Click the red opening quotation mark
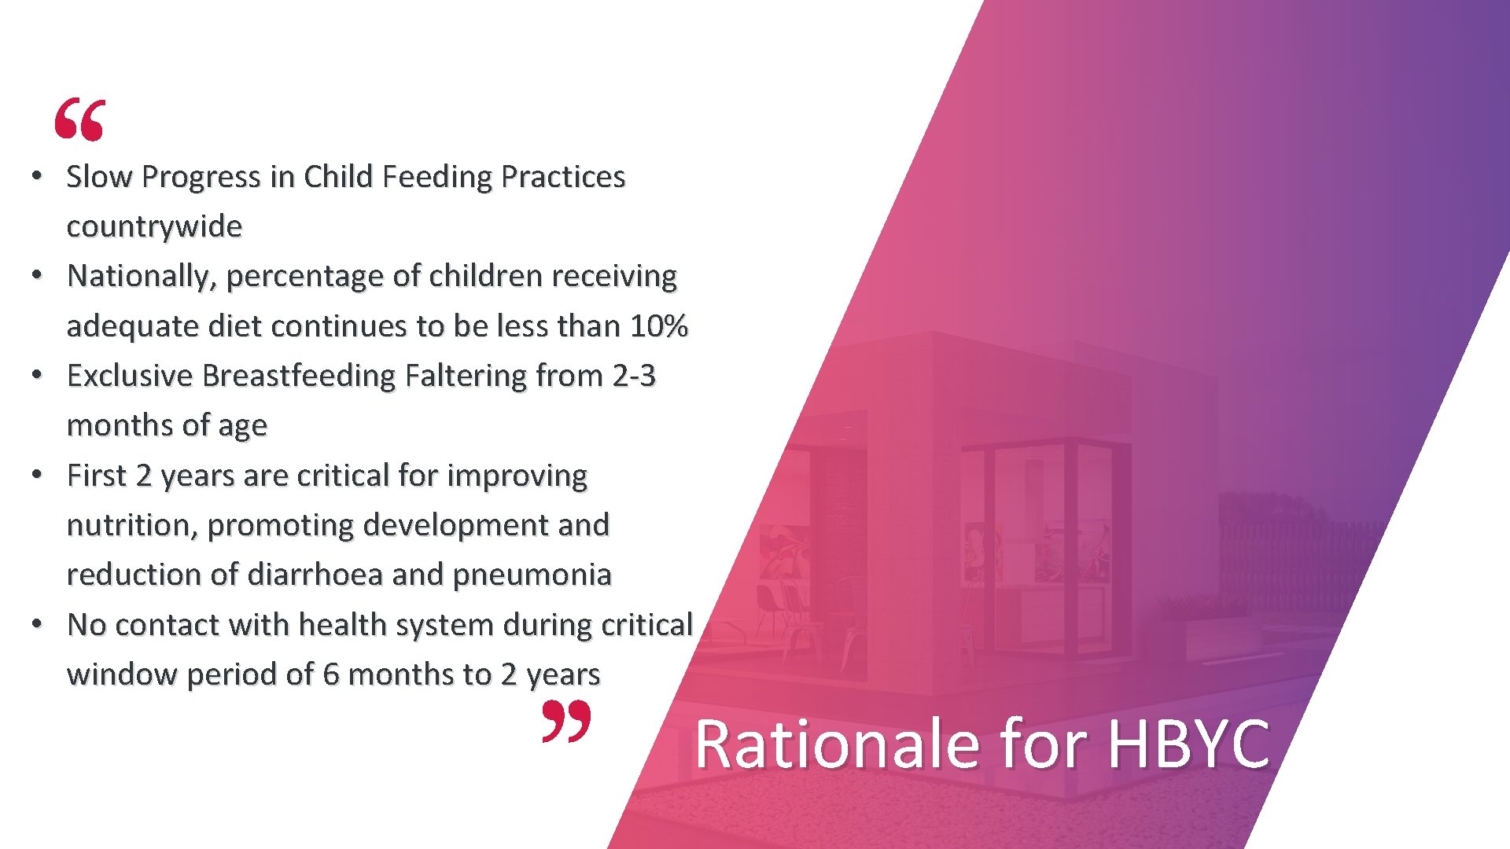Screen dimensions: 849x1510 tap(79, 119)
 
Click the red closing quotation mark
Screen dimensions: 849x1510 tap(566, 722)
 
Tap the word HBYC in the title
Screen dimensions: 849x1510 tap(1188, 744)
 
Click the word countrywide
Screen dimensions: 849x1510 tap(154, 226)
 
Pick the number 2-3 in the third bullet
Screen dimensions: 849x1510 tap(634, 376)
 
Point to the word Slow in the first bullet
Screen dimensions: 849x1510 tap(99, 177)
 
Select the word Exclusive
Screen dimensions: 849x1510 tap(130, 376)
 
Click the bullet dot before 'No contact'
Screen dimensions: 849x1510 tap(36, 624)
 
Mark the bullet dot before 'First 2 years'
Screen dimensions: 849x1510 tap(36, 475)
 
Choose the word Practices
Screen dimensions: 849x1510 tap(562, 177)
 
